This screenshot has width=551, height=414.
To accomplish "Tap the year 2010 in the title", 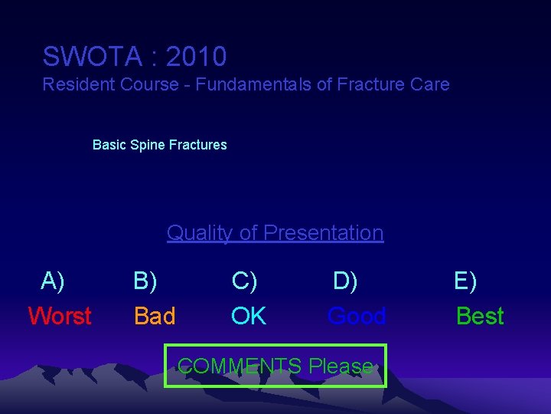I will click(196, 57).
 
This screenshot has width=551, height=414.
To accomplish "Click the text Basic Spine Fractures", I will click(159, 145).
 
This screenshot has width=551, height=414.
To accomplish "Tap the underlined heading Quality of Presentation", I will click(275, 233).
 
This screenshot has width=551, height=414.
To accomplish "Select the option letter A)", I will click(53, 281).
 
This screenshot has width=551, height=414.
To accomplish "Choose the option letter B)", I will click(145, 281).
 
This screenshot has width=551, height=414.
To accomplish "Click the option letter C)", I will click(244, 281).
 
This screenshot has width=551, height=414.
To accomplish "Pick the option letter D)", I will click(345, 281).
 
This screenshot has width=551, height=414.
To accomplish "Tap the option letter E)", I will click(465, 281).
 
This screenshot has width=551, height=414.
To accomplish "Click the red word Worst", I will click(60, 316).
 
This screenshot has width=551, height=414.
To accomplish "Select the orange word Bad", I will click(155, 316).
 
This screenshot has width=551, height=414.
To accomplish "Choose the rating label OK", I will click(249, 316).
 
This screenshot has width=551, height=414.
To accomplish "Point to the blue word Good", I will click(357, 316).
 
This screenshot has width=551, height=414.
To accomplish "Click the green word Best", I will click(480, 316).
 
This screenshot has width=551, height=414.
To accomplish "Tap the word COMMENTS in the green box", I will click(240, 366).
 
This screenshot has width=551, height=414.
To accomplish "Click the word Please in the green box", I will click(341, 366).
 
